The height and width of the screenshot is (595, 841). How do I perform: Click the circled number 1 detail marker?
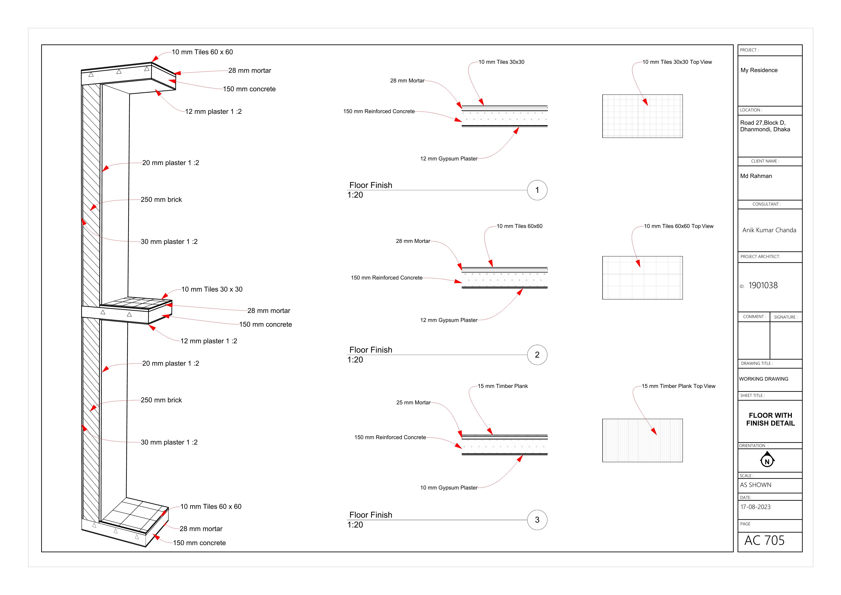537,190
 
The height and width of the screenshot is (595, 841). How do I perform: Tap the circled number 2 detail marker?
537,355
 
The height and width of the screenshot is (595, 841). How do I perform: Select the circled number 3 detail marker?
537,520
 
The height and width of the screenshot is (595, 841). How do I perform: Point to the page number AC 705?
764,540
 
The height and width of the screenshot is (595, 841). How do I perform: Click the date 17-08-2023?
755,507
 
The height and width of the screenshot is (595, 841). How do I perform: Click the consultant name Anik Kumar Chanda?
769,230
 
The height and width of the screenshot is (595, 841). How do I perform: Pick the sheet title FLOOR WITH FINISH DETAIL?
770,419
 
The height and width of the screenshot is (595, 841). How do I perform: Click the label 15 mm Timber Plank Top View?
678,386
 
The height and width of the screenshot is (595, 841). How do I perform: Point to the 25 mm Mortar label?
413,403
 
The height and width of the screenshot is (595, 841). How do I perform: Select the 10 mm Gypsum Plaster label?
449,488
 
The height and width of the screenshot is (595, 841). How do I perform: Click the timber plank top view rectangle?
642,440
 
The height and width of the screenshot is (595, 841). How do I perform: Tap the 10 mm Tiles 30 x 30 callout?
212,289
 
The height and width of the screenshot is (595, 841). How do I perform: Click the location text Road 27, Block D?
763,123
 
